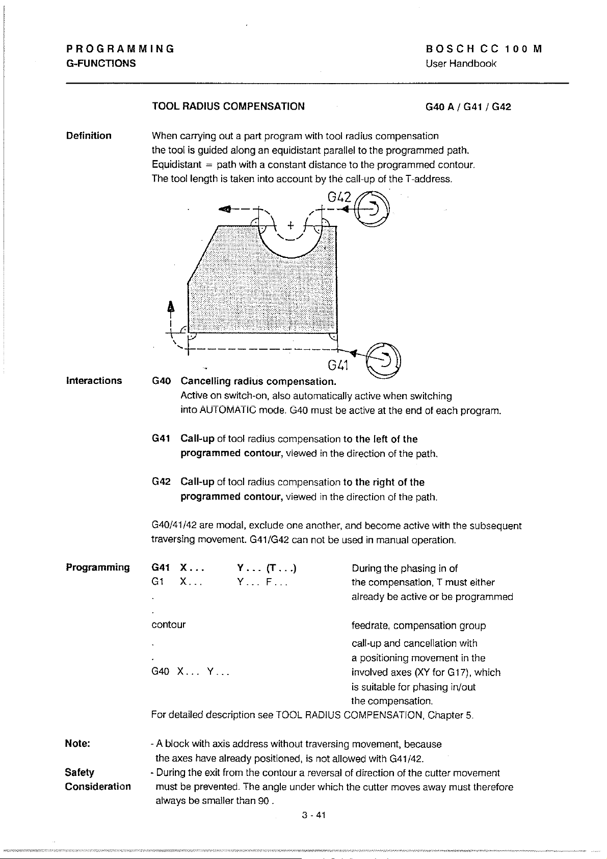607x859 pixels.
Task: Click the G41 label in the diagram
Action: point(338,366)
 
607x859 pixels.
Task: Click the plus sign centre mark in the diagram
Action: point(290,224)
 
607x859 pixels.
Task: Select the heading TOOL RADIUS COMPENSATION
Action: point(228,107)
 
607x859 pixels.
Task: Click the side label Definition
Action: point(89,136)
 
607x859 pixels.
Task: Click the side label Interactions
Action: point(94,381)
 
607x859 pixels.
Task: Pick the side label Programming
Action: point(97,567)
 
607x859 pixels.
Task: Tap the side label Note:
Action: point(77,744)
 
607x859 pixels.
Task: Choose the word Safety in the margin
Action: point(80,772)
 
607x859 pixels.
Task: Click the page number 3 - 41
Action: point(313,815)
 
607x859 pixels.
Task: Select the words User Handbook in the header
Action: point(461,64)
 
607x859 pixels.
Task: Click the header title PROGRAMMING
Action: point(120,49)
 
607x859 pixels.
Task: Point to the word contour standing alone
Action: point(169,624)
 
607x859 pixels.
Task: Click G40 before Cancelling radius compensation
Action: point(161,381)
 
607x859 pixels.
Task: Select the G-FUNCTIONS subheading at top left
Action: point(101,64)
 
